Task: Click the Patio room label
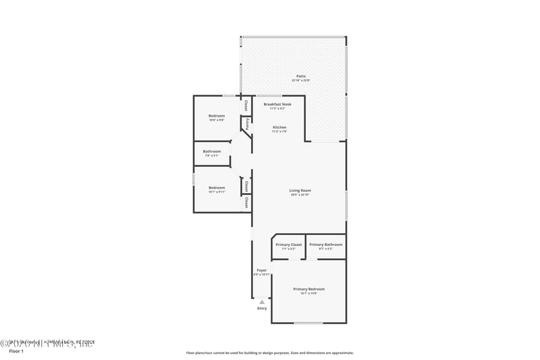[x=301, y=76]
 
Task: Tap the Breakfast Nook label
[x=277, y=105]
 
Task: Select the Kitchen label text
[x=279, y=128]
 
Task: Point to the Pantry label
[x=248, y=124]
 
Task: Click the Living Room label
[x=300, y=190]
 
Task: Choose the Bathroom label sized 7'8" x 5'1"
[x=212, y=151]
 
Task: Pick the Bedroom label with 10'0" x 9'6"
[x=217, y=115]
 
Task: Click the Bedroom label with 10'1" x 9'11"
[x=217, y=187]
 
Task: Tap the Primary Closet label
[x=289, y=245]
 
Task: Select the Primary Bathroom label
[x=325, y=245]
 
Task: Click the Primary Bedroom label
[x=308, y=289]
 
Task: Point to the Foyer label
[x=261, y=270]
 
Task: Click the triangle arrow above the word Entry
[x=262, y=302]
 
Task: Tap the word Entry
[x=262, y=309]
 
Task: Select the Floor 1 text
[x=16, y=351]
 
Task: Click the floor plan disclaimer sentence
[x=269, y=353]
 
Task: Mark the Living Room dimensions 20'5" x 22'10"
[x=300, y=195]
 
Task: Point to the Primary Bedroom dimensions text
[x=308, y=293]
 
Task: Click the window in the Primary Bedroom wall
[x=308, y=323]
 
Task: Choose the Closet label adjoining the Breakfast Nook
[x=246, y=105]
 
